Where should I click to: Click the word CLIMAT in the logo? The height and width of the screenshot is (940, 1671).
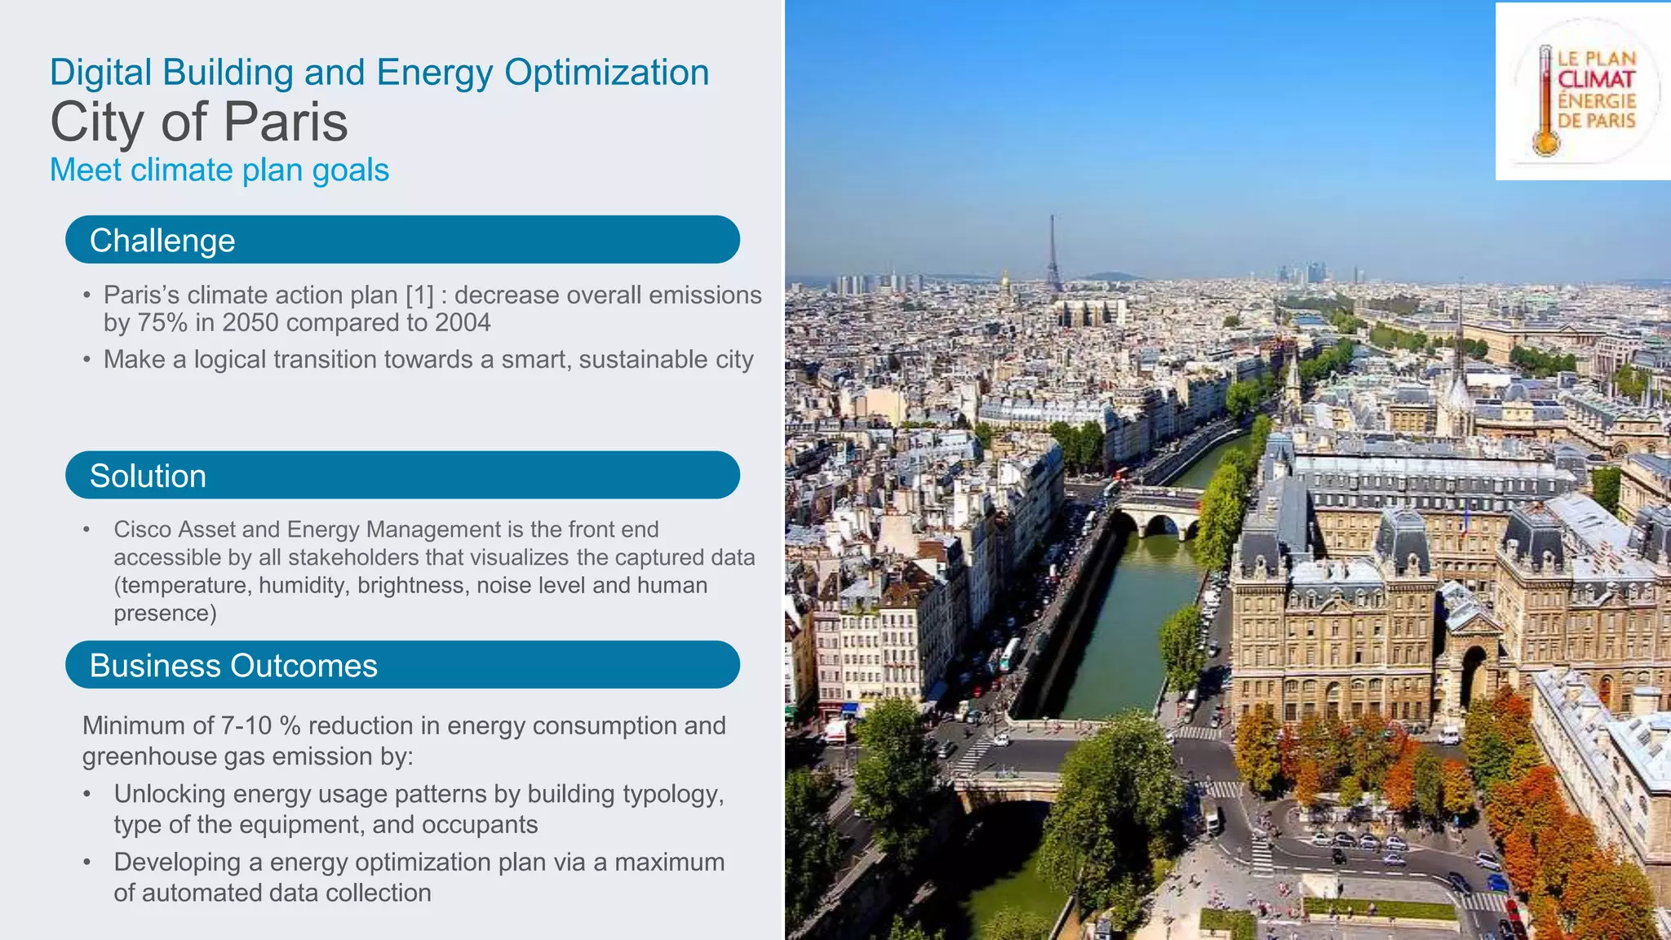[x=1596, y=80]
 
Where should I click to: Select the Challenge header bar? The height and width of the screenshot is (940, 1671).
[x=402, y=240]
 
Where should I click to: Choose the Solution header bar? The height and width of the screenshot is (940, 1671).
[x=402, y=475]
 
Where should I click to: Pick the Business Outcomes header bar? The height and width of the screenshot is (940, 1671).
[x=402, y=665]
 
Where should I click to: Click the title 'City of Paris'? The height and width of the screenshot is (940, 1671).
[x=199, y=122]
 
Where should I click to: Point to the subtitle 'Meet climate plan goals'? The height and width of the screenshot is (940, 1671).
[x=219, y=170]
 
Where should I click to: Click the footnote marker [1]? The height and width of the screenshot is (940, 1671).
[x=419, y=295]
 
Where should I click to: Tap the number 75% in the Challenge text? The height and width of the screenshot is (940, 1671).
[x=162, y=323]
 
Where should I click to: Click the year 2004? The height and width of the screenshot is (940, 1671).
[x=463, y=323]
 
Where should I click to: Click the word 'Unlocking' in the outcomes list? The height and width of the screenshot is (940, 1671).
[x=170, y=794]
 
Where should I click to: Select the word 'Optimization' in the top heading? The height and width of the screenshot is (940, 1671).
[x=606, y=73]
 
